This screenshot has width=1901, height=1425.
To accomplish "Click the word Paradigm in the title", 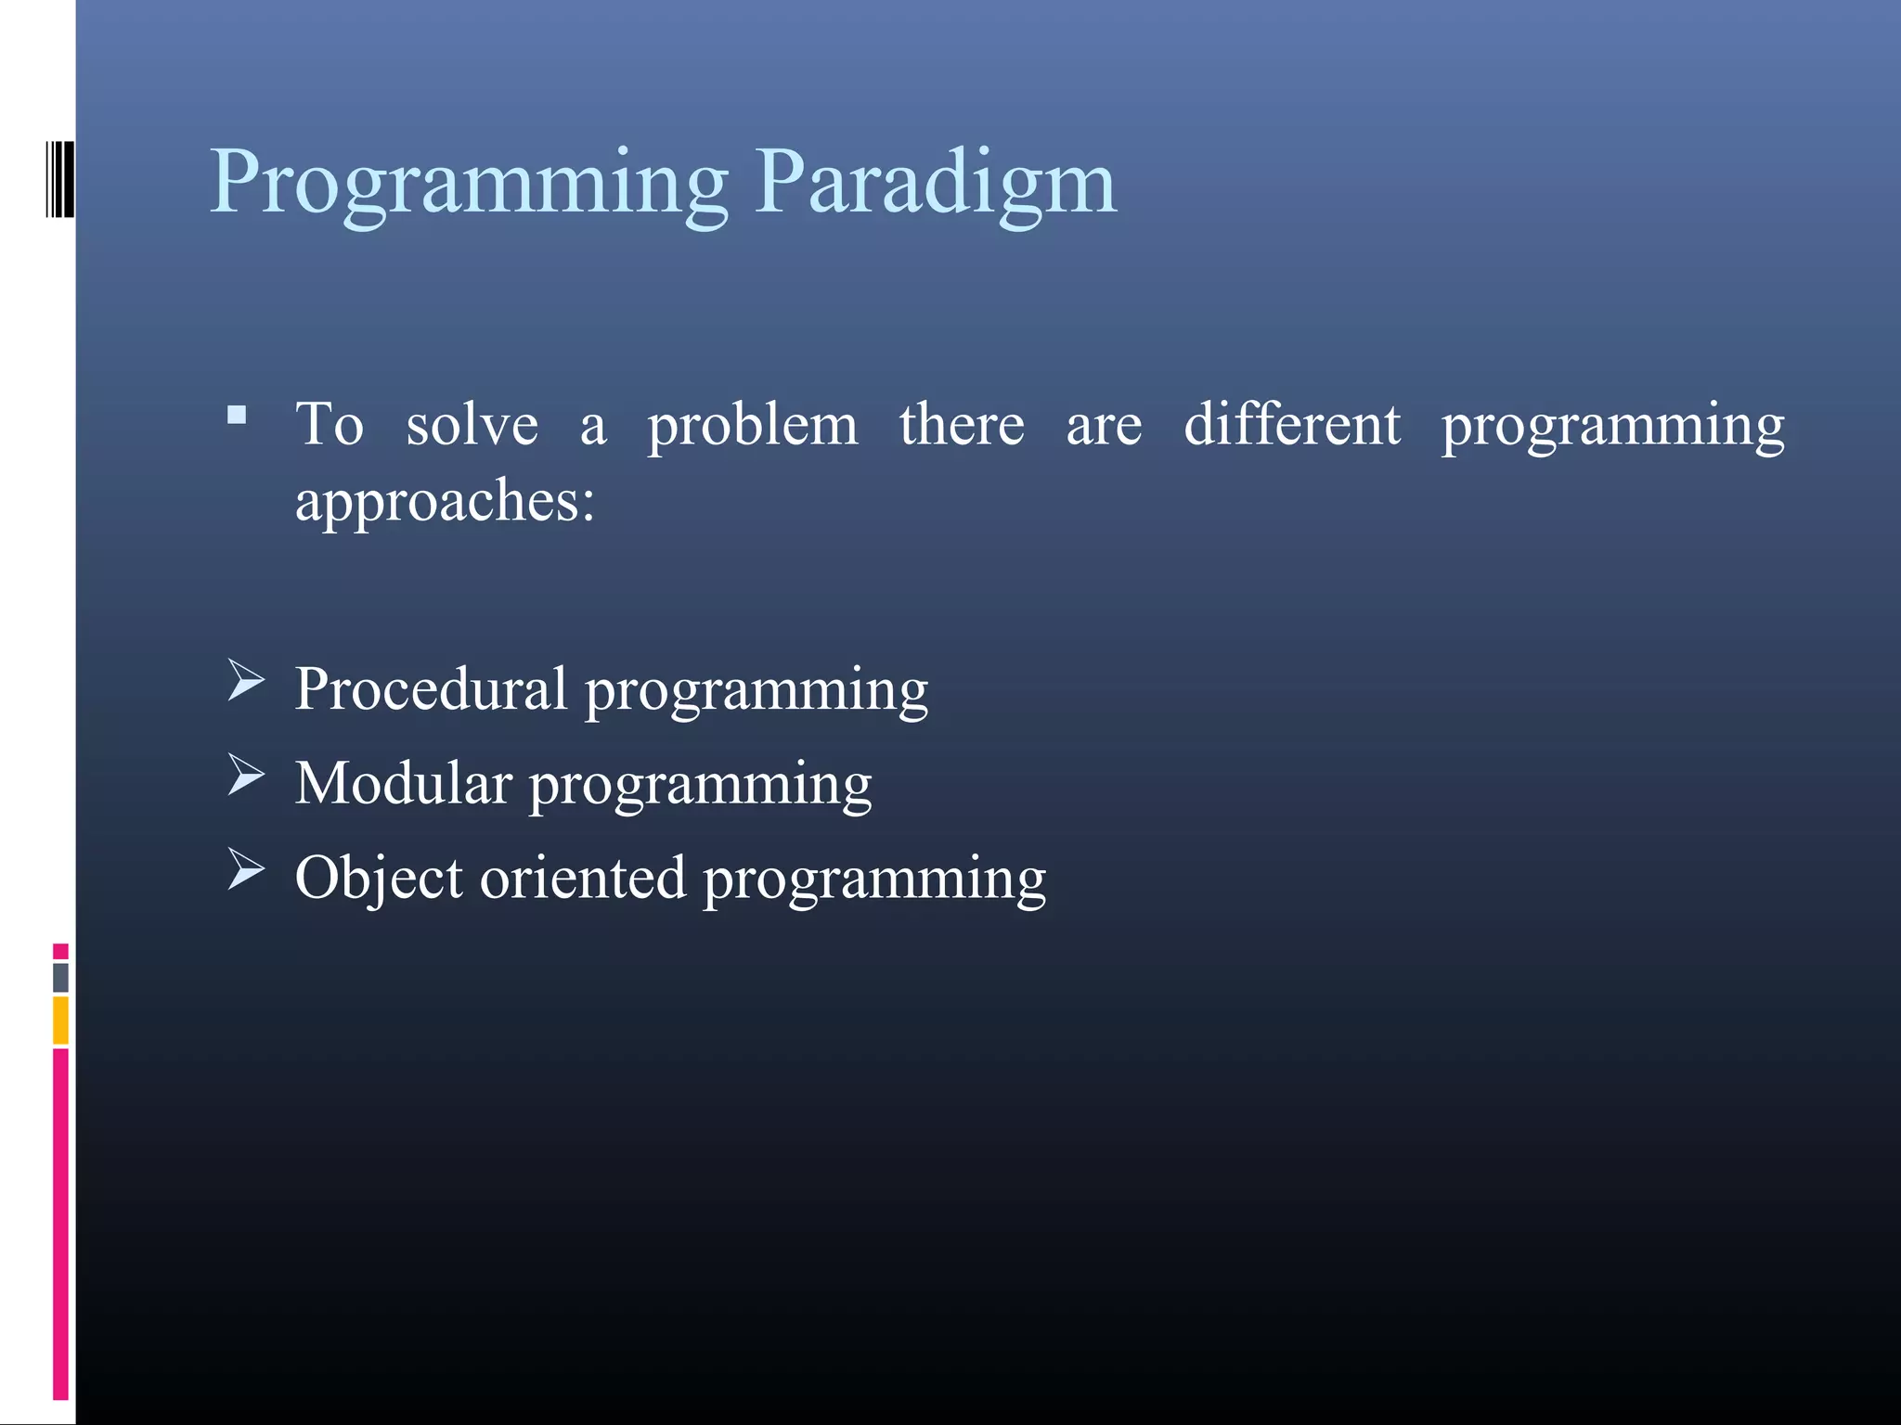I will click(x=935, y=183).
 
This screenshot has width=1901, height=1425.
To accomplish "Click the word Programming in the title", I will click(x=469, y=183).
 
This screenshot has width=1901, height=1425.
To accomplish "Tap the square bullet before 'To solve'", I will click(x=237, y=415).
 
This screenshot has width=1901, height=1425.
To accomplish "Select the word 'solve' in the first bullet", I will click(x=472, y=425).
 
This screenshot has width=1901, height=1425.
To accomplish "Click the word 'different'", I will click(x=1291, y=424).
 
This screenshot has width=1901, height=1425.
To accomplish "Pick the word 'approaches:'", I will click(x=445, y=502).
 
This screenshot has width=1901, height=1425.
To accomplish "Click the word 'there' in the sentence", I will click(x=962, y=424).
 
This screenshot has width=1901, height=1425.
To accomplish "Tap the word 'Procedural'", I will click(x=431, y=689).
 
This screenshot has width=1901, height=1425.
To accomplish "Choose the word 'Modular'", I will click(x=403, y=783).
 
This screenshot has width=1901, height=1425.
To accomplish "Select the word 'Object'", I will click(x=379, y=879).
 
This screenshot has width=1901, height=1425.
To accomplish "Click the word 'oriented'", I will click(x=582, y=878).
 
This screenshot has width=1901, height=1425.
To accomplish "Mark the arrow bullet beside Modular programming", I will click(x=246, y=775).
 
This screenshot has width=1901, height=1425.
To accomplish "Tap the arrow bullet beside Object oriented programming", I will click(x=246, y=869).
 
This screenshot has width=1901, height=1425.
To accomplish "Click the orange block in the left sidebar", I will click(x=60, y=1020).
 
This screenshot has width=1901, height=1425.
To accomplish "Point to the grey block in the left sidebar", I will click(x=60, y=977).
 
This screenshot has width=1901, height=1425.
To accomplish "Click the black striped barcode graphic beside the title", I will click(x=59, y=179).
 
